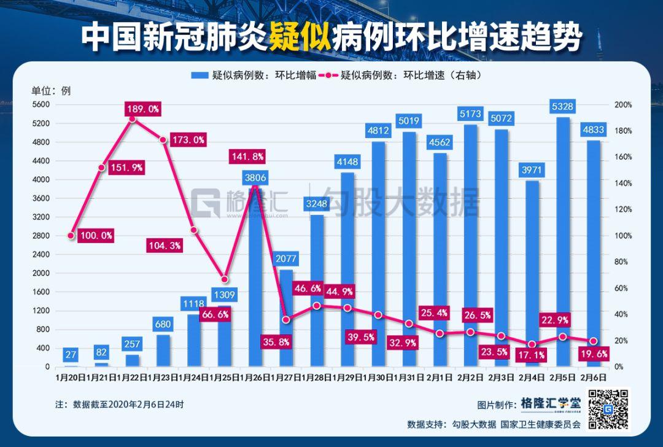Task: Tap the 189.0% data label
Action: pos(142,109)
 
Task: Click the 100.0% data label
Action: pos(96,235)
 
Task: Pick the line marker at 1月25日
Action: pos(224,279)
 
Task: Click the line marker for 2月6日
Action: pos(594,341)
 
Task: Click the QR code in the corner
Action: pos(608,408)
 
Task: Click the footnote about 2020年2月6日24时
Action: pos(119,405)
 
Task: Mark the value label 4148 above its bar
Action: pos(347,163)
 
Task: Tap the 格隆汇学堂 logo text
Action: pos(550,403)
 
